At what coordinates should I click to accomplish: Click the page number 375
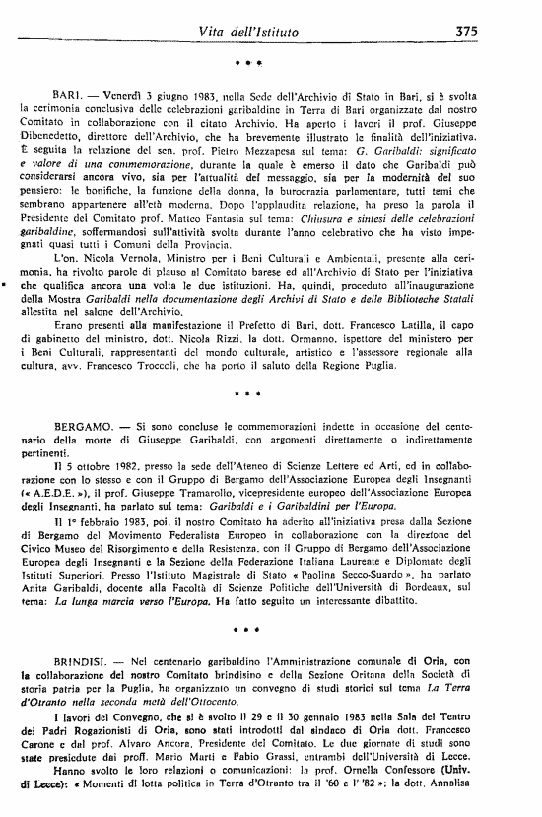click(x=467, y=32)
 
